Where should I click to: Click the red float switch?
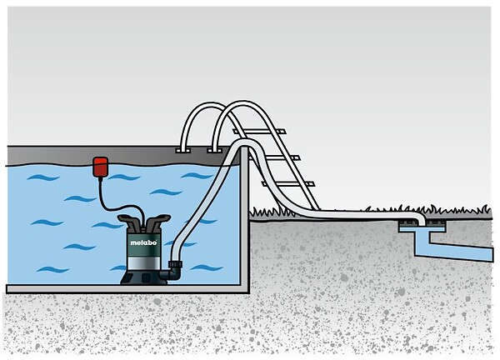point(100,167)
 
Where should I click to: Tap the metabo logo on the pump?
point(143,242)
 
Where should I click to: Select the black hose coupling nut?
point(175,264)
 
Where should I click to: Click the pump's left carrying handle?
point(129,222)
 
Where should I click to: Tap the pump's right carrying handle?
point(157,221)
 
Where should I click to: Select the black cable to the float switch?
point(118,204)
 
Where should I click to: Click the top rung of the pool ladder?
point(259,132)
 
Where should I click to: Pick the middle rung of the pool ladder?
point(274,157)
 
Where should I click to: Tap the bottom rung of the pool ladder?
point(288,184)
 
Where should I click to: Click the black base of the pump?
point(143,278)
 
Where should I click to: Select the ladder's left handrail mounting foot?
point(182,150)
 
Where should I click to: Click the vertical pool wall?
point(244,220)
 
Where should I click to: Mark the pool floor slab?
point(127,289)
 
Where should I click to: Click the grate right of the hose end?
point(436,221)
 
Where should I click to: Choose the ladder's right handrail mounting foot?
point(214,150)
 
